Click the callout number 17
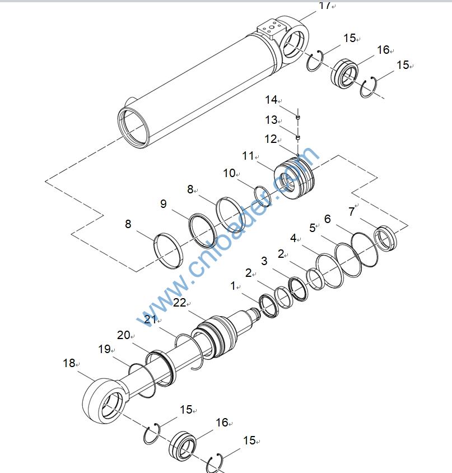click(324, 6)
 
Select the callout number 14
click(271, 100)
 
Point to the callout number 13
click(271, 120)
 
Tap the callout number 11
click(248, 156)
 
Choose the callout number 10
click(229, 173)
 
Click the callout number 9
click(164, 204)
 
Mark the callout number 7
click(352, 211)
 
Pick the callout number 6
click(328, 219)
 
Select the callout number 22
click(179, 303)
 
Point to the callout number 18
click(68, 363)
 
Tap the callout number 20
click(123, 335)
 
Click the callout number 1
click(233, 286)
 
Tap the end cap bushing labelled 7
click(385, 235)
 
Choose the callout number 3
click(264, 261)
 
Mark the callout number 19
click(104, 349)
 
